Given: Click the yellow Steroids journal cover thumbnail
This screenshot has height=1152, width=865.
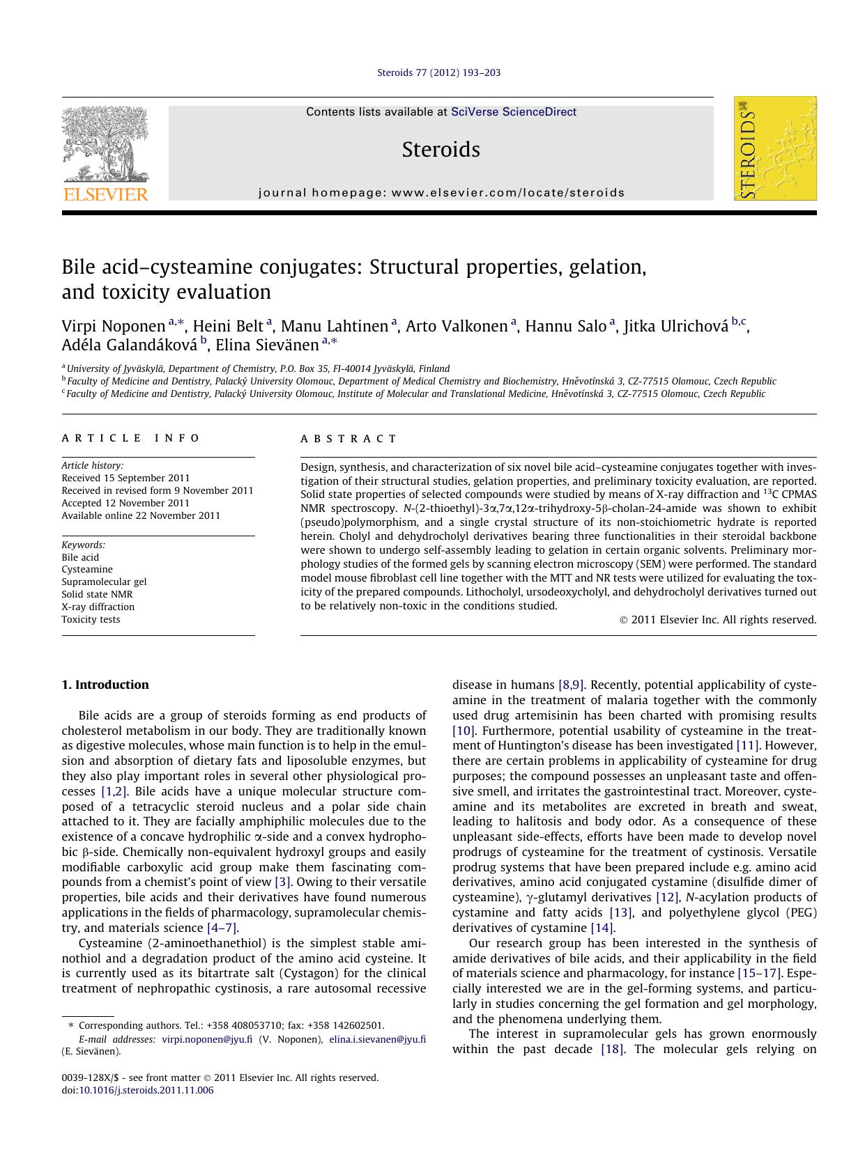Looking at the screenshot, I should (775, 149).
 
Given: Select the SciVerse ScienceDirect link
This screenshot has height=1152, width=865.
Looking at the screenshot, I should (514, 112).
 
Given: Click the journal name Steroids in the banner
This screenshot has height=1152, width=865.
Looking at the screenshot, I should (441, 150).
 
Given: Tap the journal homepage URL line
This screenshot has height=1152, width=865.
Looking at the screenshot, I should (441, 193).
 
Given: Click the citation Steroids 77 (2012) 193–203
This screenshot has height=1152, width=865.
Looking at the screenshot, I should (438, 72).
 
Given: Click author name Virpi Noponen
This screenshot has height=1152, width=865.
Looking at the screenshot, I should (113, 327).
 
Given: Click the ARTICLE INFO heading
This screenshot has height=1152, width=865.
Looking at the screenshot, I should (130, 438).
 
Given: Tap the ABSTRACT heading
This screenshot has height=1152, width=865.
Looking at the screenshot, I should (349, 439).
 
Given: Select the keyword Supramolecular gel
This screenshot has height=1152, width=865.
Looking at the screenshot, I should (104, 582).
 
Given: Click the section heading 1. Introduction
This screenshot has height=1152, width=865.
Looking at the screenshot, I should (105, 685).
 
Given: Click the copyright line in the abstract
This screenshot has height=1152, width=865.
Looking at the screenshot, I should (718, 620).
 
